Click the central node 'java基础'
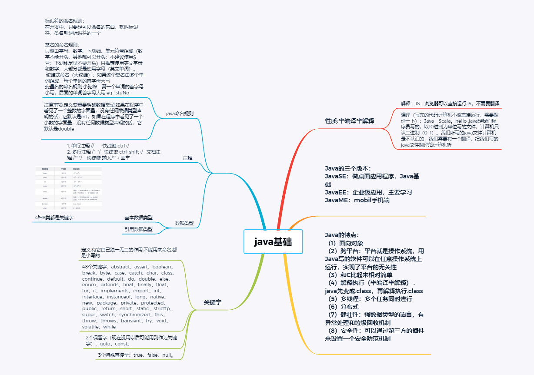273,242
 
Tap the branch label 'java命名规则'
180,114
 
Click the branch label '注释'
187,157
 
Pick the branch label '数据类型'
184,223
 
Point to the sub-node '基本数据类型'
138,217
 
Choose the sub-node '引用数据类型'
138,229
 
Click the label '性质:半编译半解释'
350,121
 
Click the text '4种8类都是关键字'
54,217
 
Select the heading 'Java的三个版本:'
347,168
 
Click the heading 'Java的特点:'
342,235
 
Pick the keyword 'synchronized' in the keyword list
134,315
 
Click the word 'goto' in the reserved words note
107,344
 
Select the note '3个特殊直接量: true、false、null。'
136,355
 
